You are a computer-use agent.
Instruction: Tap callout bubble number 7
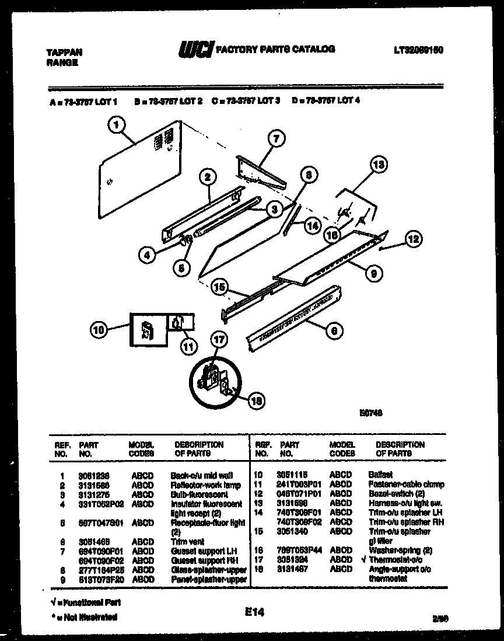coord(275,139)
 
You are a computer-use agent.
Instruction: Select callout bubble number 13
coord(379,165)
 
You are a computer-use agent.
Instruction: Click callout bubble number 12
coord(412,238)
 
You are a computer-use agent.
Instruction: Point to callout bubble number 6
coord(332,331)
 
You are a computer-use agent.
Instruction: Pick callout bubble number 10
coord(100,329)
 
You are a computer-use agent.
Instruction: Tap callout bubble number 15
coord(218,287)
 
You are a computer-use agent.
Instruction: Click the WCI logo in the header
coord(197,51)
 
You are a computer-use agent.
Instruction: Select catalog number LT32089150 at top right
coord(419,50)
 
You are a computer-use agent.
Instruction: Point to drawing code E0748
coord(370,412)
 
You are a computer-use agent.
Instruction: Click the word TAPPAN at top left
coord(61,52)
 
